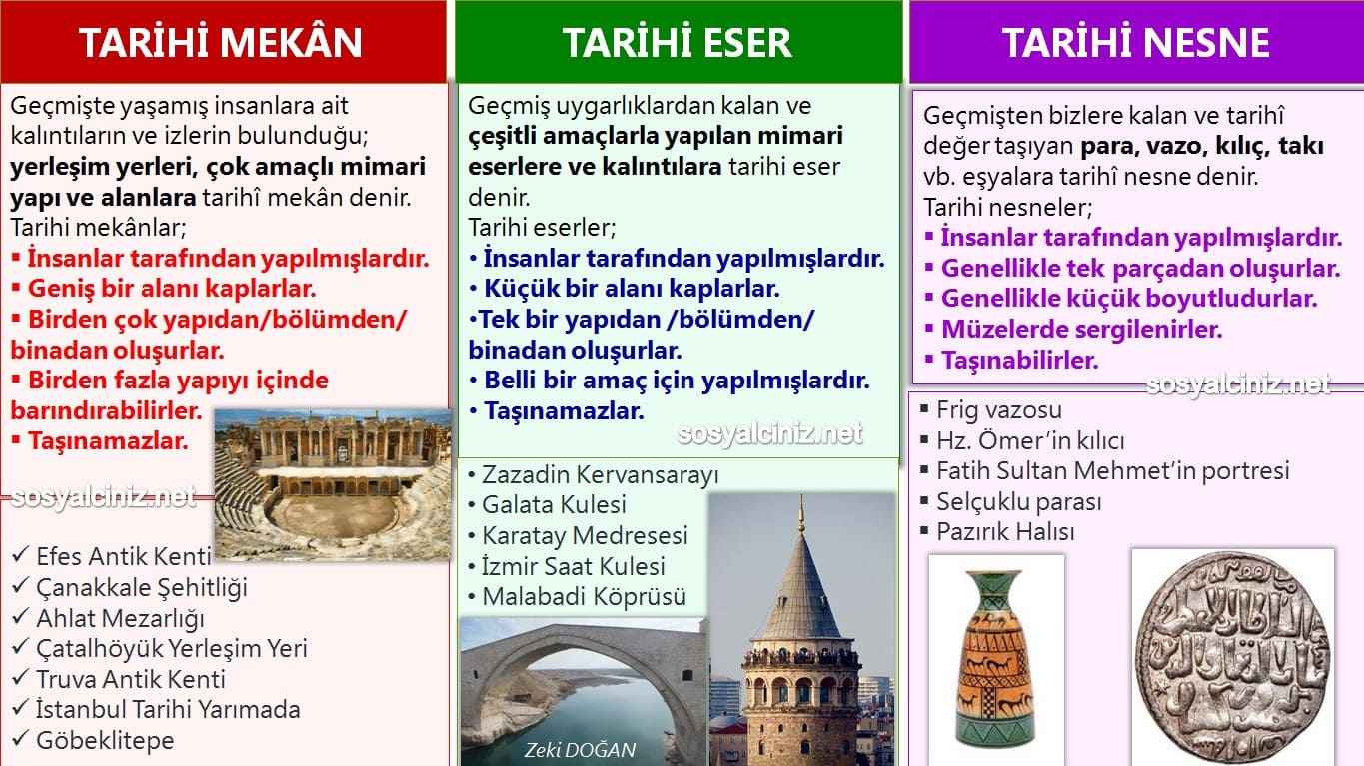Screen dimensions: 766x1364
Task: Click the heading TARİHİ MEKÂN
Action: pos(221,42)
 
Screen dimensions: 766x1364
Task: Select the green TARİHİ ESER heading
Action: pos(677,42)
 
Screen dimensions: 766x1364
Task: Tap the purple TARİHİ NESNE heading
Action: pos(1135,42)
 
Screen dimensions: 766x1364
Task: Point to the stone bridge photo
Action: pos(583,689)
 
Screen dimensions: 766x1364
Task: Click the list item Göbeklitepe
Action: pos(104,740)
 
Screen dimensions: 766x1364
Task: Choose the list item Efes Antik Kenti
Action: pos(123,556)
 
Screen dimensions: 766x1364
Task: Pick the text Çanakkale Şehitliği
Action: pos(141,587)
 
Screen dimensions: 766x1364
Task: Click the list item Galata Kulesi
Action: pos(554,504)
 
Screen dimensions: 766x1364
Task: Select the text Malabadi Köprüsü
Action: pos(584,597)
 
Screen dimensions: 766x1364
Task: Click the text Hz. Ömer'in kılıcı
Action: pos(1029,440)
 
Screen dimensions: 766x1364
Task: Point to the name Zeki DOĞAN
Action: pos(580,750)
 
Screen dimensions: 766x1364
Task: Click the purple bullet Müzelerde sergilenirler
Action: pos(1081,329)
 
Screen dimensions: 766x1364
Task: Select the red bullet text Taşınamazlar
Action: pos(108,440)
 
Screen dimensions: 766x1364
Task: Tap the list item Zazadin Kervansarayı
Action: pos(600,473)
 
